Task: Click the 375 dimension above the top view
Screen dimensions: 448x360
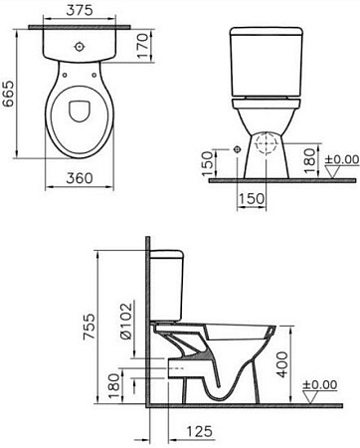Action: (x=80, y=11)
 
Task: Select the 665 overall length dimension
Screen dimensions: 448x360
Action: (x=11, y=92)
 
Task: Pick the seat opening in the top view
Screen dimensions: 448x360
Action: (x=79, y=116)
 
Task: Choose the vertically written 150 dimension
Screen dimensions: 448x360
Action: (x=206, y=160)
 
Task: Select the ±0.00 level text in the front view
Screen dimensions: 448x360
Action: (x=343, y=159)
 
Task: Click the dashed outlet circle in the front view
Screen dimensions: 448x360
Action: (x=265, y=144)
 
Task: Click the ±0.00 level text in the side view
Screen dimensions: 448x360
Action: (x=324, y=384)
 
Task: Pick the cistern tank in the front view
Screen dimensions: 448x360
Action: (x=266, y=62)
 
